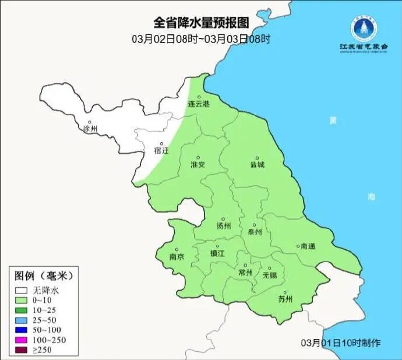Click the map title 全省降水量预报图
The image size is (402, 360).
pyautogui.click(x=201, y=23)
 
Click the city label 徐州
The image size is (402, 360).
pyautogui.click(x=91, y=128)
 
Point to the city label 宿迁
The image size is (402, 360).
pyautogui.click(x=161, y=150)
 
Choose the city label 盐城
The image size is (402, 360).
pyautogui.click(x=257, y=164)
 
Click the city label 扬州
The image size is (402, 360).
pyautogui.click(x=224, y=226)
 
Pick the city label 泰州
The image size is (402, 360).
pyautogui.click(x=255, y=231)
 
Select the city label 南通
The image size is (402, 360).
pyautogui.click(x=307, y=246)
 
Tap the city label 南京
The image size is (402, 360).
pyautogui.click(x=177, y=257)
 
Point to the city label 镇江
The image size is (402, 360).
pyautogui.click(x=217, y=253)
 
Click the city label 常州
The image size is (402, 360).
pyautogui.click(x=246, y=272)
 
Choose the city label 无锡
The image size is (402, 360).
pyautogui.click(x=270, y=274)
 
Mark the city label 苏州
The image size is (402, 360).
pyautogui.click(x=285, y=300)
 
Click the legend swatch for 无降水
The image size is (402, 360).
pyautogui.click(x=22, y=290)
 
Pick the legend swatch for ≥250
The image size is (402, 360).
pyautogui.click(x=22, y=350)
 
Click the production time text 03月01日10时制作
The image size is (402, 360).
pyautogui.click(x=341, y=343)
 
